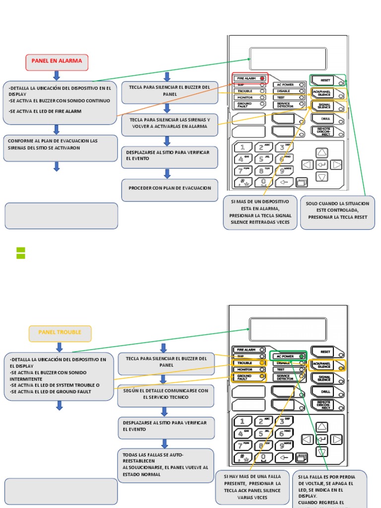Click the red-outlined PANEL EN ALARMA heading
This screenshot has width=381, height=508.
coord(57,62)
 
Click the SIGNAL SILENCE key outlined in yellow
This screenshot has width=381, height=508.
coord(328,106)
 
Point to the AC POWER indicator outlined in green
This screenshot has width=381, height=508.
coord(288,356)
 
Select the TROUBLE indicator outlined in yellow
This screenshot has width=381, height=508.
coord(250,363)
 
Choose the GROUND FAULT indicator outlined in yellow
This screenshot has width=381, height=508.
coord(250,378)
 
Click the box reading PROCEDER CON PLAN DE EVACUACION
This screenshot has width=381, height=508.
coord(170,189)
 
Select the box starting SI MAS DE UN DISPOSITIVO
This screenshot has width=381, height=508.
coord(260,212)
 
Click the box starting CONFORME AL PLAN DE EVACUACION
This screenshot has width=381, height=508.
coord(61,148)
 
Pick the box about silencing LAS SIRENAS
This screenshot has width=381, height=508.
coord(170,124)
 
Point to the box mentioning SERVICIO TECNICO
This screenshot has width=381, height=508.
coord(166,395)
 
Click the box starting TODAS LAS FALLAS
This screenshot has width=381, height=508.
coord(166,465)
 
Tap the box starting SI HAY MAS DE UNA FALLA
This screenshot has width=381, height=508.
coord(252,487)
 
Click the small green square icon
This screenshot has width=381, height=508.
coord(21,253)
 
